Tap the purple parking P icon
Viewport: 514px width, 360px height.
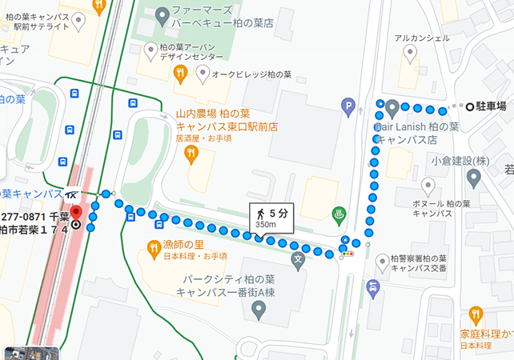pyautogui.click(x=347, y=104)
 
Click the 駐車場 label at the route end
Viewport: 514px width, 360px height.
pyautogui.click(x=491, y=106)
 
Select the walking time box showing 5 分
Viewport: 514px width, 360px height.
pyautogui.click(x=269, y=214)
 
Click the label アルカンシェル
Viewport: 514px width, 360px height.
pyautogui.click(x=417, y=38)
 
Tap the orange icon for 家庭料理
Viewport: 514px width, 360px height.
pyautogui.click(x=477, y=314)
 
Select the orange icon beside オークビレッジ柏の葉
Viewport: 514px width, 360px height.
pyautogui.click(x=181, y=74)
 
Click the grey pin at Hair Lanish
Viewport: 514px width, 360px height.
pyautogui.click(x=392, y=107)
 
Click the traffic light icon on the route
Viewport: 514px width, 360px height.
pyautogui.click(x=347, y=253)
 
